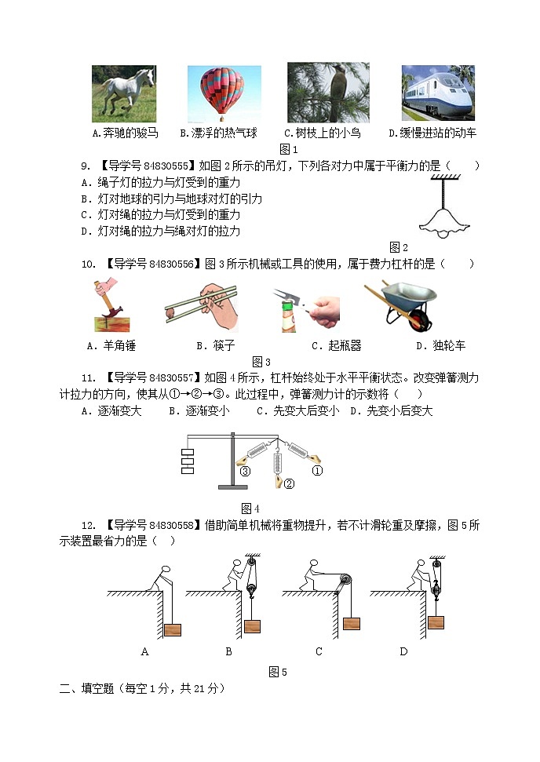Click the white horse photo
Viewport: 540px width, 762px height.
tap(124, 93)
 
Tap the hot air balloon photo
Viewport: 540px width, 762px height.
tap(224, 93)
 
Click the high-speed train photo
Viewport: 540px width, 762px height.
tap(438, 93)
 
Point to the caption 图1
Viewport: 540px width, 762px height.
tap(289, 149)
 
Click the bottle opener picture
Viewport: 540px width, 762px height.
tap(306, 309)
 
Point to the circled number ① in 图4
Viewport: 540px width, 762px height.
tap(317, 471)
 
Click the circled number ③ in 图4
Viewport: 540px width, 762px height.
tap(245, 471)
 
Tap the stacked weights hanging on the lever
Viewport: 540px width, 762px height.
tap(188, 461)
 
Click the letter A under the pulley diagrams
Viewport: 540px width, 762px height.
tap(144, 651)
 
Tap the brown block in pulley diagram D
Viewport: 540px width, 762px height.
tap(436, 622)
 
